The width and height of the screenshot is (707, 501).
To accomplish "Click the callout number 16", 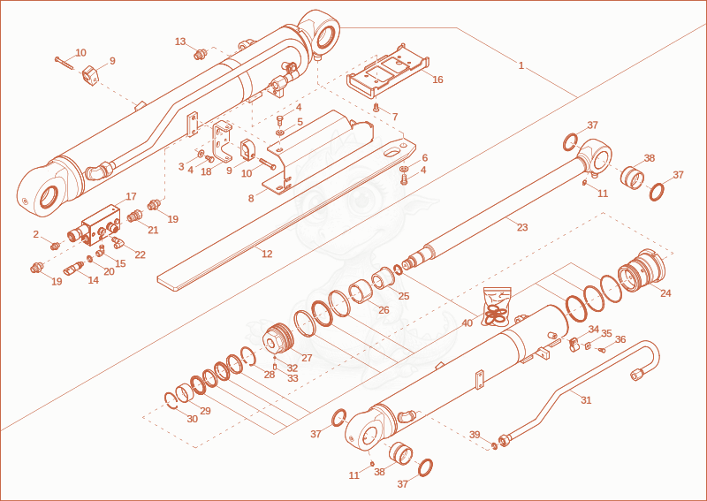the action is [x=437, y=80].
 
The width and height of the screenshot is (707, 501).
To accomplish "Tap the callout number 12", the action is [x=267, y=254].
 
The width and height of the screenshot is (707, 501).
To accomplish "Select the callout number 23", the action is [x=522, y=227].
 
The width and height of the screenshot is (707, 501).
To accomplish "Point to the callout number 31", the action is [x=586, y=399].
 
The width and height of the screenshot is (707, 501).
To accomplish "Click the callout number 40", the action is [x=468, y=323].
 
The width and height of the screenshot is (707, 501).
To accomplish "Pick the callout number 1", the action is [x=521, y=66].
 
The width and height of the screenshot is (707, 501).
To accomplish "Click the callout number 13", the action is [x=180, y=42].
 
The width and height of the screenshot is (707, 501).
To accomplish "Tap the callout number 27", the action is [x=307, y=358].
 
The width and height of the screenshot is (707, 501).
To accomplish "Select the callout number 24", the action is [x=665, y=293].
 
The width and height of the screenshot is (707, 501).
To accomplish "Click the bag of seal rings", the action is [x=497, y=307].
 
